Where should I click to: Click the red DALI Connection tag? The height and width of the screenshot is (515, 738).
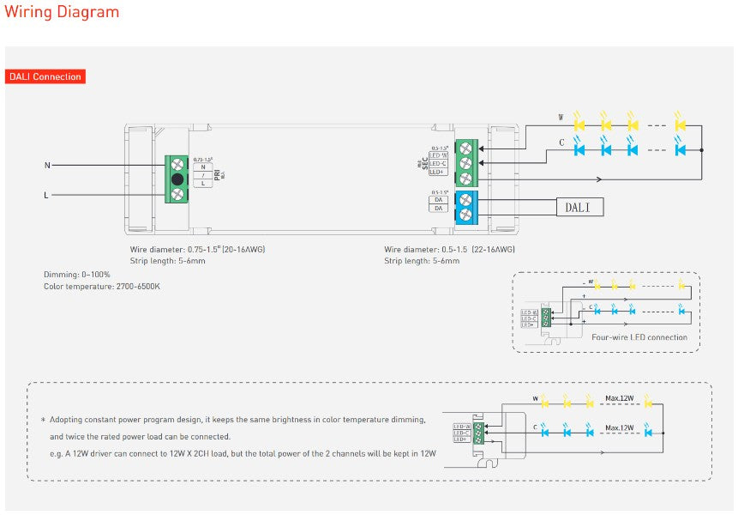(45, 76)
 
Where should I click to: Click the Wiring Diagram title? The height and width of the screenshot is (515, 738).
(62, 12)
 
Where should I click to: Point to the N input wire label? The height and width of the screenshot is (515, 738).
(46, 165)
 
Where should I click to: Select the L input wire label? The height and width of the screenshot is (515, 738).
(46, 196)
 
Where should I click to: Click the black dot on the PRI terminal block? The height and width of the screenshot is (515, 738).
(177, 179)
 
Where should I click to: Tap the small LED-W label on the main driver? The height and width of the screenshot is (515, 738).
(438, 154)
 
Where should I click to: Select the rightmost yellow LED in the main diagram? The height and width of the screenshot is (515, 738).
(681, 124)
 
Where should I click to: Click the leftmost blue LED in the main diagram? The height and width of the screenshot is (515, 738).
(579, 149)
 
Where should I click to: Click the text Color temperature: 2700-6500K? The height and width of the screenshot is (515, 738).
(102, 287)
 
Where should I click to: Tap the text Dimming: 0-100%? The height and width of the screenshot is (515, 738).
(77, 275)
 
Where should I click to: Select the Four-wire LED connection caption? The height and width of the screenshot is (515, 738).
(639, 337)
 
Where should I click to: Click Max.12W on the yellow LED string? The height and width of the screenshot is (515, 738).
(619, 398)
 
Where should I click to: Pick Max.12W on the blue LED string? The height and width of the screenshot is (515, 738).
(619, 427)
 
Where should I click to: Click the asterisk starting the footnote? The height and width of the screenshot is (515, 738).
(43, 420)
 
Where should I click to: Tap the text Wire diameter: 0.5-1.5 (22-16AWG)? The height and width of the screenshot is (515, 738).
(449, 250)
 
